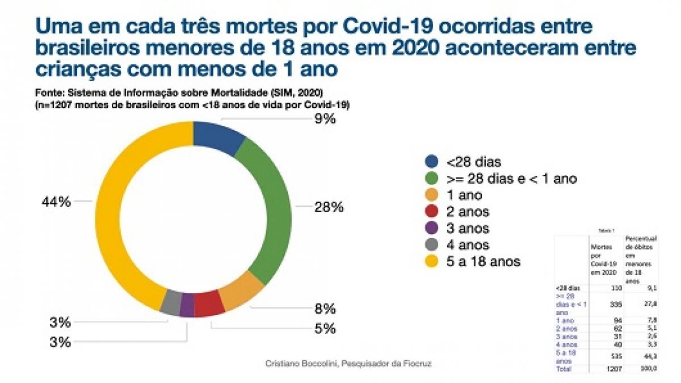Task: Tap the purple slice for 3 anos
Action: tap(187, 305)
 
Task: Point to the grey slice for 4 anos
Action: tap(171, 301)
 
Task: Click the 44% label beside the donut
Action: tap(56, 201)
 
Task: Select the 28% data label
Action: tap(329, 207)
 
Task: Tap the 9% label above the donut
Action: tap(326, 119)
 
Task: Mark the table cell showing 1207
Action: tap(613, 369)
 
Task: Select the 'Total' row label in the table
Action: tap(564, 369)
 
